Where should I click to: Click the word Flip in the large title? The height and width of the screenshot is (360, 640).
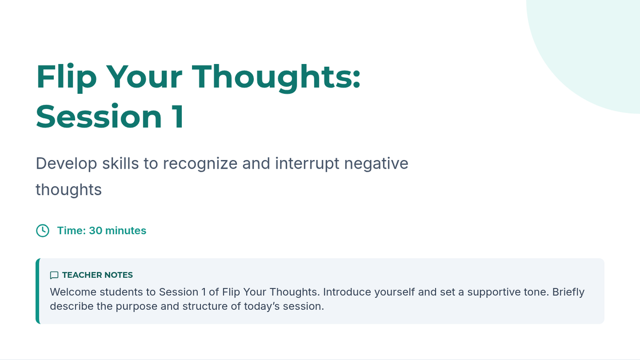coord(67,77)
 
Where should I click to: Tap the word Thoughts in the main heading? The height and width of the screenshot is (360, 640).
coord(276,77)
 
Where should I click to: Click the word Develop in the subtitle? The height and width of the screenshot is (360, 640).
coord(66,164)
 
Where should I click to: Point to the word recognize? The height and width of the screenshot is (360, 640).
coord(200,164)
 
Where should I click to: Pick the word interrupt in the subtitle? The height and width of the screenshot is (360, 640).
coord(307,164)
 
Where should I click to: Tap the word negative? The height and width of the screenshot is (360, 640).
coord(377,164)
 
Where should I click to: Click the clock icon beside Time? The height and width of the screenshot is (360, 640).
coord(43,230)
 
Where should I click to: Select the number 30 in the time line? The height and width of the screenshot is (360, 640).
coord(95,230)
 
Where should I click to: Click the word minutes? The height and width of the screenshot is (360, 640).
coord(126,230)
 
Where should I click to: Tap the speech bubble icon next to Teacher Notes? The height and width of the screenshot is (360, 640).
coord(54,275)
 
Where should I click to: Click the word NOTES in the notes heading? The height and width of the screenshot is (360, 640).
coord(115,275)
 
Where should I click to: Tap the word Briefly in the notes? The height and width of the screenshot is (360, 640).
coord(569,292)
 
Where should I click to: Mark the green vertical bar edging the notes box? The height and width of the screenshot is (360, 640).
coord(38,291)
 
